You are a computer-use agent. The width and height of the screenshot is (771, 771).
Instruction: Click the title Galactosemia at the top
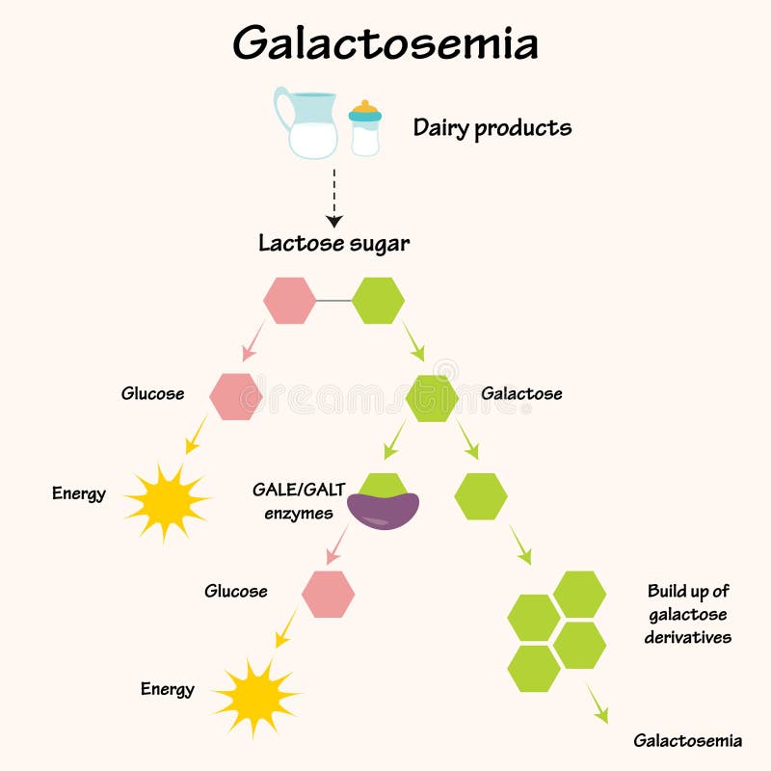[385, 43]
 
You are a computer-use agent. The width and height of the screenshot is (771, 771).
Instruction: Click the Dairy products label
[492, 127]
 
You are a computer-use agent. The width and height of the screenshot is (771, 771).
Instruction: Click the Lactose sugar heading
[333, 244]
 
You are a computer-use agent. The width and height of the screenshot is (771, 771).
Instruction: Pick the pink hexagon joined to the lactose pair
[289, 301]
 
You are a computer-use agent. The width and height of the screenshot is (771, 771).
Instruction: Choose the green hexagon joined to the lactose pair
[378, 301]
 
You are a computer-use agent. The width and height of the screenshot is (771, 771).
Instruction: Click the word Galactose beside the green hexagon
[521, 394]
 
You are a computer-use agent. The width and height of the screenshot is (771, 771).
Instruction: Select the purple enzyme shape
[384, 510]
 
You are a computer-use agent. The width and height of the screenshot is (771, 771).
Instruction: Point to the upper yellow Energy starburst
[166, 500]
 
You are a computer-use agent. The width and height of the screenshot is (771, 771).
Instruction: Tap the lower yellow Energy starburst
[255, 696]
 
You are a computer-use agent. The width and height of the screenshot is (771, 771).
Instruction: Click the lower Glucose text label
[235, 591]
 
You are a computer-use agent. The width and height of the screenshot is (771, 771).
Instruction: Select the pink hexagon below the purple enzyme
[328, 594]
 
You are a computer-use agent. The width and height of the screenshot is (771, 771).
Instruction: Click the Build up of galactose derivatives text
[688, 614]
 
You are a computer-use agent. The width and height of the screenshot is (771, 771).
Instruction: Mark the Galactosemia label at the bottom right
[687, 741]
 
